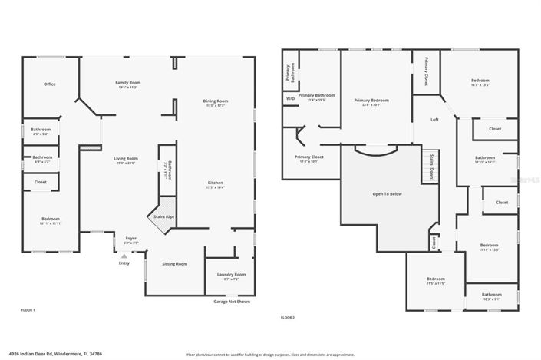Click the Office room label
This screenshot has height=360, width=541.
pos(49,84)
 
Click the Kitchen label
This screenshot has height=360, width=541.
pos(215,183)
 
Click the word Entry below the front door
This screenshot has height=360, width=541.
pos(124,263)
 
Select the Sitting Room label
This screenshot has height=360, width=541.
pos(174,263)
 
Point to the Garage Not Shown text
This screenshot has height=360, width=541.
pos(231,302)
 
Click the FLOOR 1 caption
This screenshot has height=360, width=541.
pos(28,309)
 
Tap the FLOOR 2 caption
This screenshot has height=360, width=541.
pos(287,317)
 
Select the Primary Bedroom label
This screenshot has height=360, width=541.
pos(371,100)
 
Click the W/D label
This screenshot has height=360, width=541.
pos(290,99)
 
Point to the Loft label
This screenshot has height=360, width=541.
pos(434,120)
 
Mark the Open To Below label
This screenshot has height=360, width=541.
pos(388,193)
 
